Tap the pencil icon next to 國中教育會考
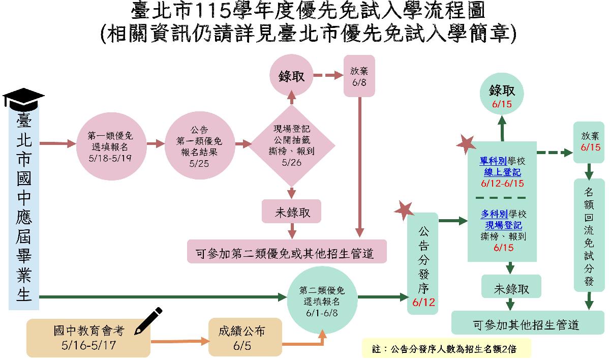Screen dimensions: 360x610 [149, 321]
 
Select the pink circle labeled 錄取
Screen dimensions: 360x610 [292, 76]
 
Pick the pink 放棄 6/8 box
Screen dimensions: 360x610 [359, 76]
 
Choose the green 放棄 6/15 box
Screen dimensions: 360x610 [589, 142]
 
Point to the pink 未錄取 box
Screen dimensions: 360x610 [292, 212]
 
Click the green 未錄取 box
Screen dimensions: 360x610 [511, 288]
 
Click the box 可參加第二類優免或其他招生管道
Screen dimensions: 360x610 [287, 252]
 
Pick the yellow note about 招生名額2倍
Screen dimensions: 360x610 [446, 348]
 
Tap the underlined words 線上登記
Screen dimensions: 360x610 [502, 172]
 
